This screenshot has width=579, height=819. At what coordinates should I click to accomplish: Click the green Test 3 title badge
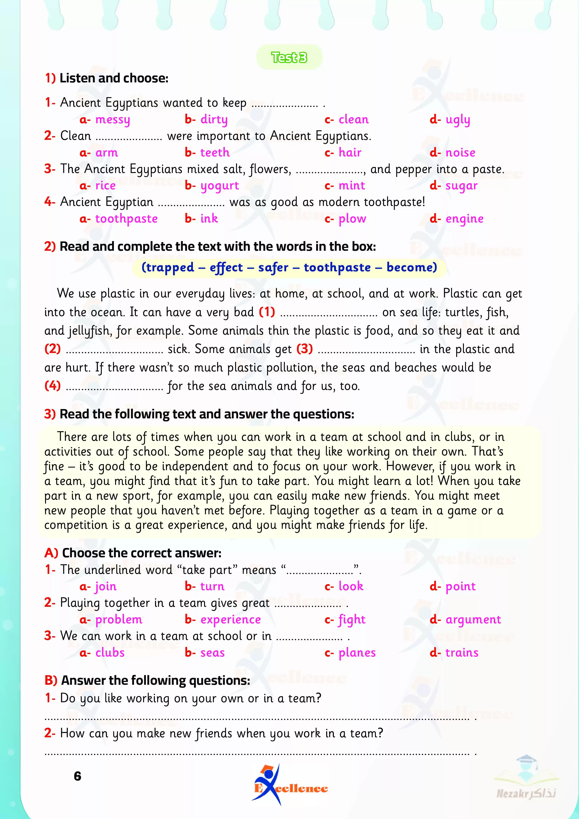[x=289, y=57]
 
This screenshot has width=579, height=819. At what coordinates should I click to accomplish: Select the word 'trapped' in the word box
[x=168, y=267]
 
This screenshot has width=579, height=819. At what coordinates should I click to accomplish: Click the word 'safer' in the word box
[x=273, y=267]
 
